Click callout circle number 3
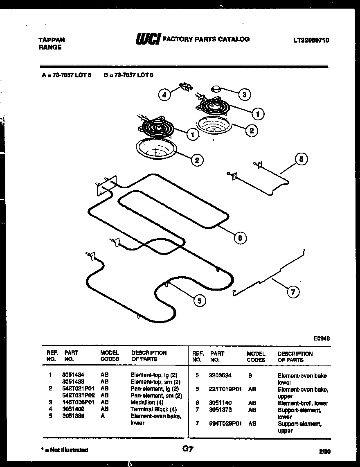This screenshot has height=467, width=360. pos(244,95)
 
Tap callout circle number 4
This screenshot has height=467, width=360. pos(164,95)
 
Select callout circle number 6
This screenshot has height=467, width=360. pos(240,237)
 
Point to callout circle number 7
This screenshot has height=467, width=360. pos(292,292)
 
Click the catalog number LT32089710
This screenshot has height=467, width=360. pos(311,40)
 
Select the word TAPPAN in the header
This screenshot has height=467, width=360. pos(52,40)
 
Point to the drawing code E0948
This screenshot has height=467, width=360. pos(322,338)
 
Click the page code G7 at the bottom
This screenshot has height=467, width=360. pos(188,449)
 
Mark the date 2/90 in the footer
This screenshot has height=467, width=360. pos(324,451)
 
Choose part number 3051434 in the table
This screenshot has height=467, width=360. pos(73,375)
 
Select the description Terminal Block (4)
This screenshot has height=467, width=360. pos(153,409)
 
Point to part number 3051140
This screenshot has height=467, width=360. pos(220,403)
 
